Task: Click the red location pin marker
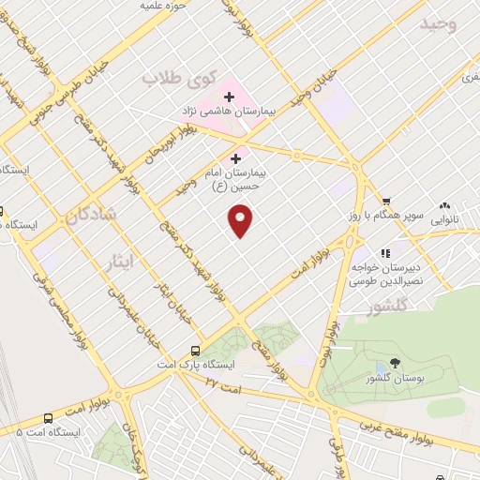point(241,221)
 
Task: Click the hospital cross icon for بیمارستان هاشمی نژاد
point(229,96)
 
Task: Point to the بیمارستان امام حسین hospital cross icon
point(234,158)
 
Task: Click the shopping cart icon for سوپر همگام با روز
point(385,201)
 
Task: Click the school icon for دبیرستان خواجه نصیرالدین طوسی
point(384,252)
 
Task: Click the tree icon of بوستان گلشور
point(394,363)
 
